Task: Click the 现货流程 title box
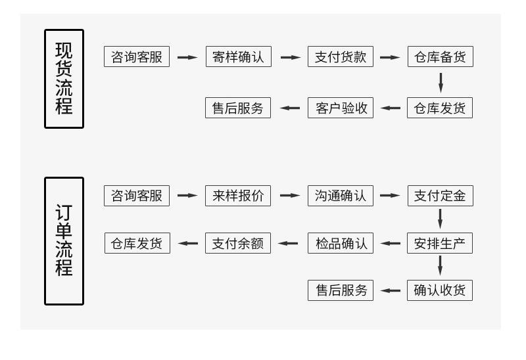pos(64,78)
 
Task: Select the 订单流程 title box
pos(64,241)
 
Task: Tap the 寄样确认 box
pos(238,57)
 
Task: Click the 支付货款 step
pos(340,57)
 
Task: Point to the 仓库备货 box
pos(440,57)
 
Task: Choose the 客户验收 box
pos(340,108)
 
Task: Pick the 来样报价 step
pos(238,196)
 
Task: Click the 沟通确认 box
pos(340,196)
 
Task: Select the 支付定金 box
pos(440,196)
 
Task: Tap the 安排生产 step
pos(440,243)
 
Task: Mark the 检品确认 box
pos(340,243)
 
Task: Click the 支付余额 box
pos(238,243)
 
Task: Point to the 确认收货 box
pos(440,290)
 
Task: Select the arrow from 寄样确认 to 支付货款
pos(290,57)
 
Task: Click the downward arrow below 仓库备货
pos(441,83)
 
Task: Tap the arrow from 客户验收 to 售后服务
pos(290,108)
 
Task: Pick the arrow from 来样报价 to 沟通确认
pos(290,196)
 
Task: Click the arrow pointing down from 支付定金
pos(441,219)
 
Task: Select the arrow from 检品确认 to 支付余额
pos(288,243)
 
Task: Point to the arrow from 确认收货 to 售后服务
pos(391,290)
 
